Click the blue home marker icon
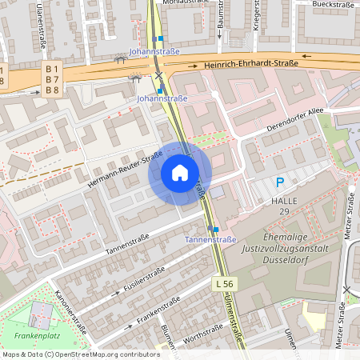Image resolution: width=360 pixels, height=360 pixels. pos(180,173)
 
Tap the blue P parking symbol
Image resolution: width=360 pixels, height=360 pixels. pos(279,183)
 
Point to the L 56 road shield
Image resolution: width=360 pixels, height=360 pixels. pos(225,284)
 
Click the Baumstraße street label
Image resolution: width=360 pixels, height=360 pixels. pos(220,22)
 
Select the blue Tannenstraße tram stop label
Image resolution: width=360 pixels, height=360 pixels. pos(210,239)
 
